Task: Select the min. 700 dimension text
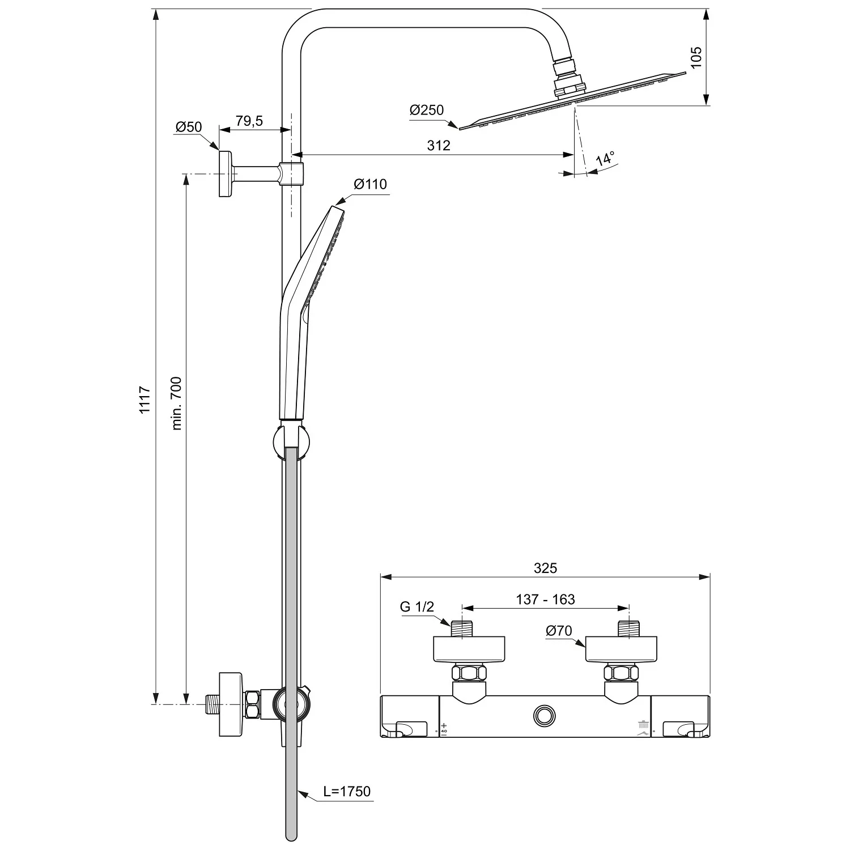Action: coord(176,403)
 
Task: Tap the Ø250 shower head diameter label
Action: coord(427,110)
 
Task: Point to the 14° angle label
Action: coord(605,159)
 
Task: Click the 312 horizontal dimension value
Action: coord(439,146)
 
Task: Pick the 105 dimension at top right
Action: coord(696,57)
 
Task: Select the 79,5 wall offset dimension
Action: coord(249,121)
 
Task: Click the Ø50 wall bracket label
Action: coord(188,127)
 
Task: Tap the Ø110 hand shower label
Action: coord(370,184)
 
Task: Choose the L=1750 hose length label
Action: coord(347,791)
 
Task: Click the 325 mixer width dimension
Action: coord(545,568)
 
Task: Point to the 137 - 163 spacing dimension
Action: coord(545,600)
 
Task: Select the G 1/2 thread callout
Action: coord(417,607)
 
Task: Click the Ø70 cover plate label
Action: coord(559,631)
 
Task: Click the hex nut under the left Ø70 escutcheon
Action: coord(469,674)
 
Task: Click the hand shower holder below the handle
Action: coord(291,439)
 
